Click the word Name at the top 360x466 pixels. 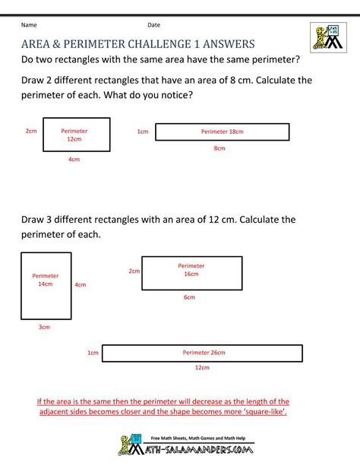pos(29,25)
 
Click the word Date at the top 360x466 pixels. pos(154,25)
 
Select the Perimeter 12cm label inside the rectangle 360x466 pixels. pos(74,135)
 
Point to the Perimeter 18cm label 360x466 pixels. pos(222,132)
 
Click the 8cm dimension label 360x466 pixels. pos(219,148)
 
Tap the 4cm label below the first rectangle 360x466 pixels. pos(74,160)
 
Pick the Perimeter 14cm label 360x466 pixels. pos(45,280)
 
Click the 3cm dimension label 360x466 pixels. pos(44,328)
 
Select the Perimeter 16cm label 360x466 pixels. pos(191,270)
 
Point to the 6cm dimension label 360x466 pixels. pos(189,297)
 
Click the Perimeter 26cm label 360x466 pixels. pos(203,353)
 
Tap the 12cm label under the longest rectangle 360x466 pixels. pos(202,368)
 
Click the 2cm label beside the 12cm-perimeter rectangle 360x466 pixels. pos(31,131)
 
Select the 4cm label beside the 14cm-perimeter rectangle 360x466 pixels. pos(80,285)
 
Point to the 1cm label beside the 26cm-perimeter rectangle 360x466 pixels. pos(93,353)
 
